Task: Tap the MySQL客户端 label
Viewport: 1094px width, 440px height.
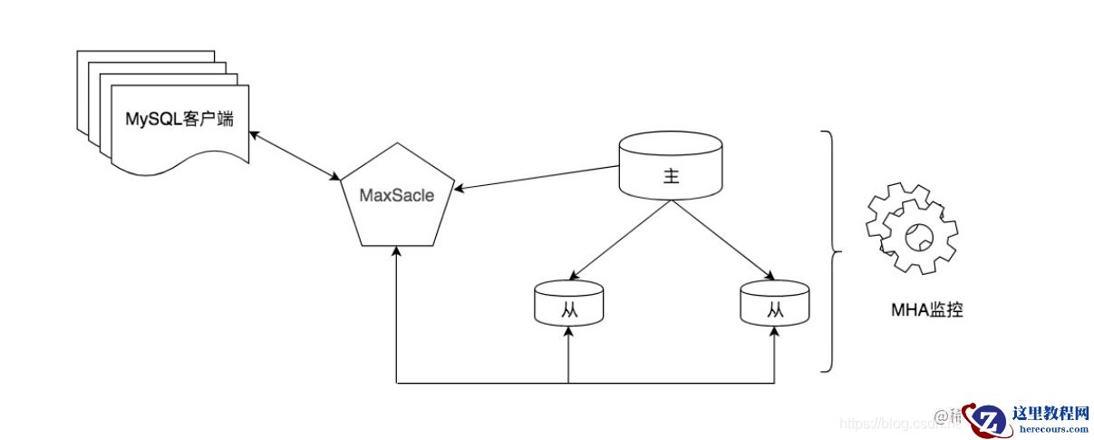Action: (x=179, y=118)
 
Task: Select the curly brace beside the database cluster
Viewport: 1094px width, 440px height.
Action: (x=830, y=251)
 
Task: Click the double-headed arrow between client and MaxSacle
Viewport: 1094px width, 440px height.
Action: (x=295, y=154)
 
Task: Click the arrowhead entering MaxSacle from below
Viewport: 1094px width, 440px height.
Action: (x=397, y=255)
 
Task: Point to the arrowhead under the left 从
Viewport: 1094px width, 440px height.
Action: (x=568, y=334)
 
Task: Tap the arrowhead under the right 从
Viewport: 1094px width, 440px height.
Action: (x=774, y=334)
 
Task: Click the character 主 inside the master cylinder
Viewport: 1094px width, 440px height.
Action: (x=670, y=177)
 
